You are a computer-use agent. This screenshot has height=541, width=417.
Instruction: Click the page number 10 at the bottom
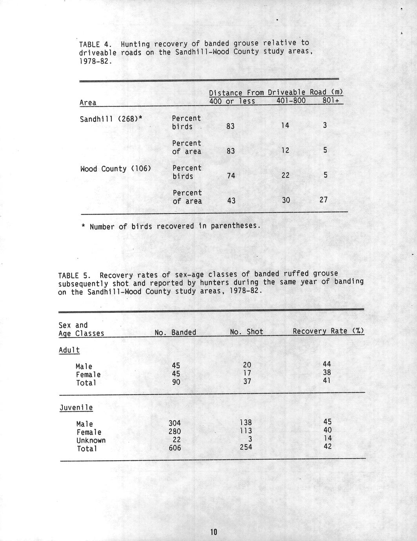(x=213, y=532)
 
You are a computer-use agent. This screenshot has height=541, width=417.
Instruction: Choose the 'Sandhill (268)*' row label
(x=110, y=119)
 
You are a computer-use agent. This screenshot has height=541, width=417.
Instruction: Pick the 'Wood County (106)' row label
(x=116, y=169)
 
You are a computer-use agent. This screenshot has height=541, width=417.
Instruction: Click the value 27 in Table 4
(x=323, y=200)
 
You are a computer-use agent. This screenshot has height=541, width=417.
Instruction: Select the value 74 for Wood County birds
(x=231, y=176)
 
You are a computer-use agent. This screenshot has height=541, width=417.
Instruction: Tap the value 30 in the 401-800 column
(x=286, y=200)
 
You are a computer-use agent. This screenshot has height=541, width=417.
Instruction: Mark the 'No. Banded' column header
(x=175, y=333)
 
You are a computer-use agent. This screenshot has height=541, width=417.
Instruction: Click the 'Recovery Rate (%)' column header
(x=328, y=331)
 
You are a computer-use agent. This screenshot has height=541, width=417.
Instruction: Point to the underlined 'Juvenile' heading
(x=76, y=408)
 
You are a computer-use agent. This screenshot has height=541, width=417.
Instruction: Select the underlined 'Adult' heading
(x=69, y=350)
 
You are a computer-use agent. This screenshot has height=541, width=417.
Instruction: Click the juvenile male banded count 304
(x=175, y=423)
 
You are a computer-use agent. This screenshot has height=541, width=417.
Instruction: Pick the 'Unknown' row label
(x=91, y=440)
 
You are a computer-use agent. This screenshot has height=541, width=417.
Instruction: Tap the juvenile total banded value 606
(x=175, y=448)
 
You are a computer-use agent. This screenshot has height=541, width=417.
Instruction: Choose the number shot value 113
(x=246, y=431)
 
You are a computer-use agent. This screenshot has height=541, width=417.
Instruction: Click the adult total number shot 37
(x=247, y=381)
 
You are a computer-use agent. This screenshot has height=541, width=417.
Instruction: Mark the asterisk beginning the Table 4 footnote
(x=83, y=226)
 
